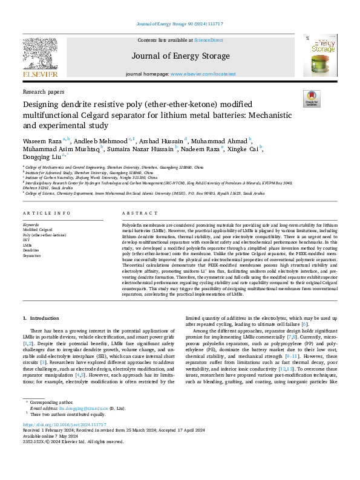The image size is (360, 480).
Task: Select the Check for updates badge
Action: point(311,99)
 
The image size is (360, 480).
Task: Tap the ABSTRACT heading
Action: point(136,213)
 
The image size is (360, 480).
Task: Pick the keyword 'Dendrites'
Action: point(31,251)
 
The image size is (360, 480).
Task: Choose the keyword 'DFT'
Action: point(27,241)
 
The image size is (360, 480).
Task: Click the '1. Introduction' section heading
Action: point(41,318)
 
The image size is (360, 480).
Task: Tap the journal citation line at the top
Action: point(179,24)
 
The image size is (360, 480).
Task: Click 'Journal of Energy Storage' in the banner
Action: point(180,55)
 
